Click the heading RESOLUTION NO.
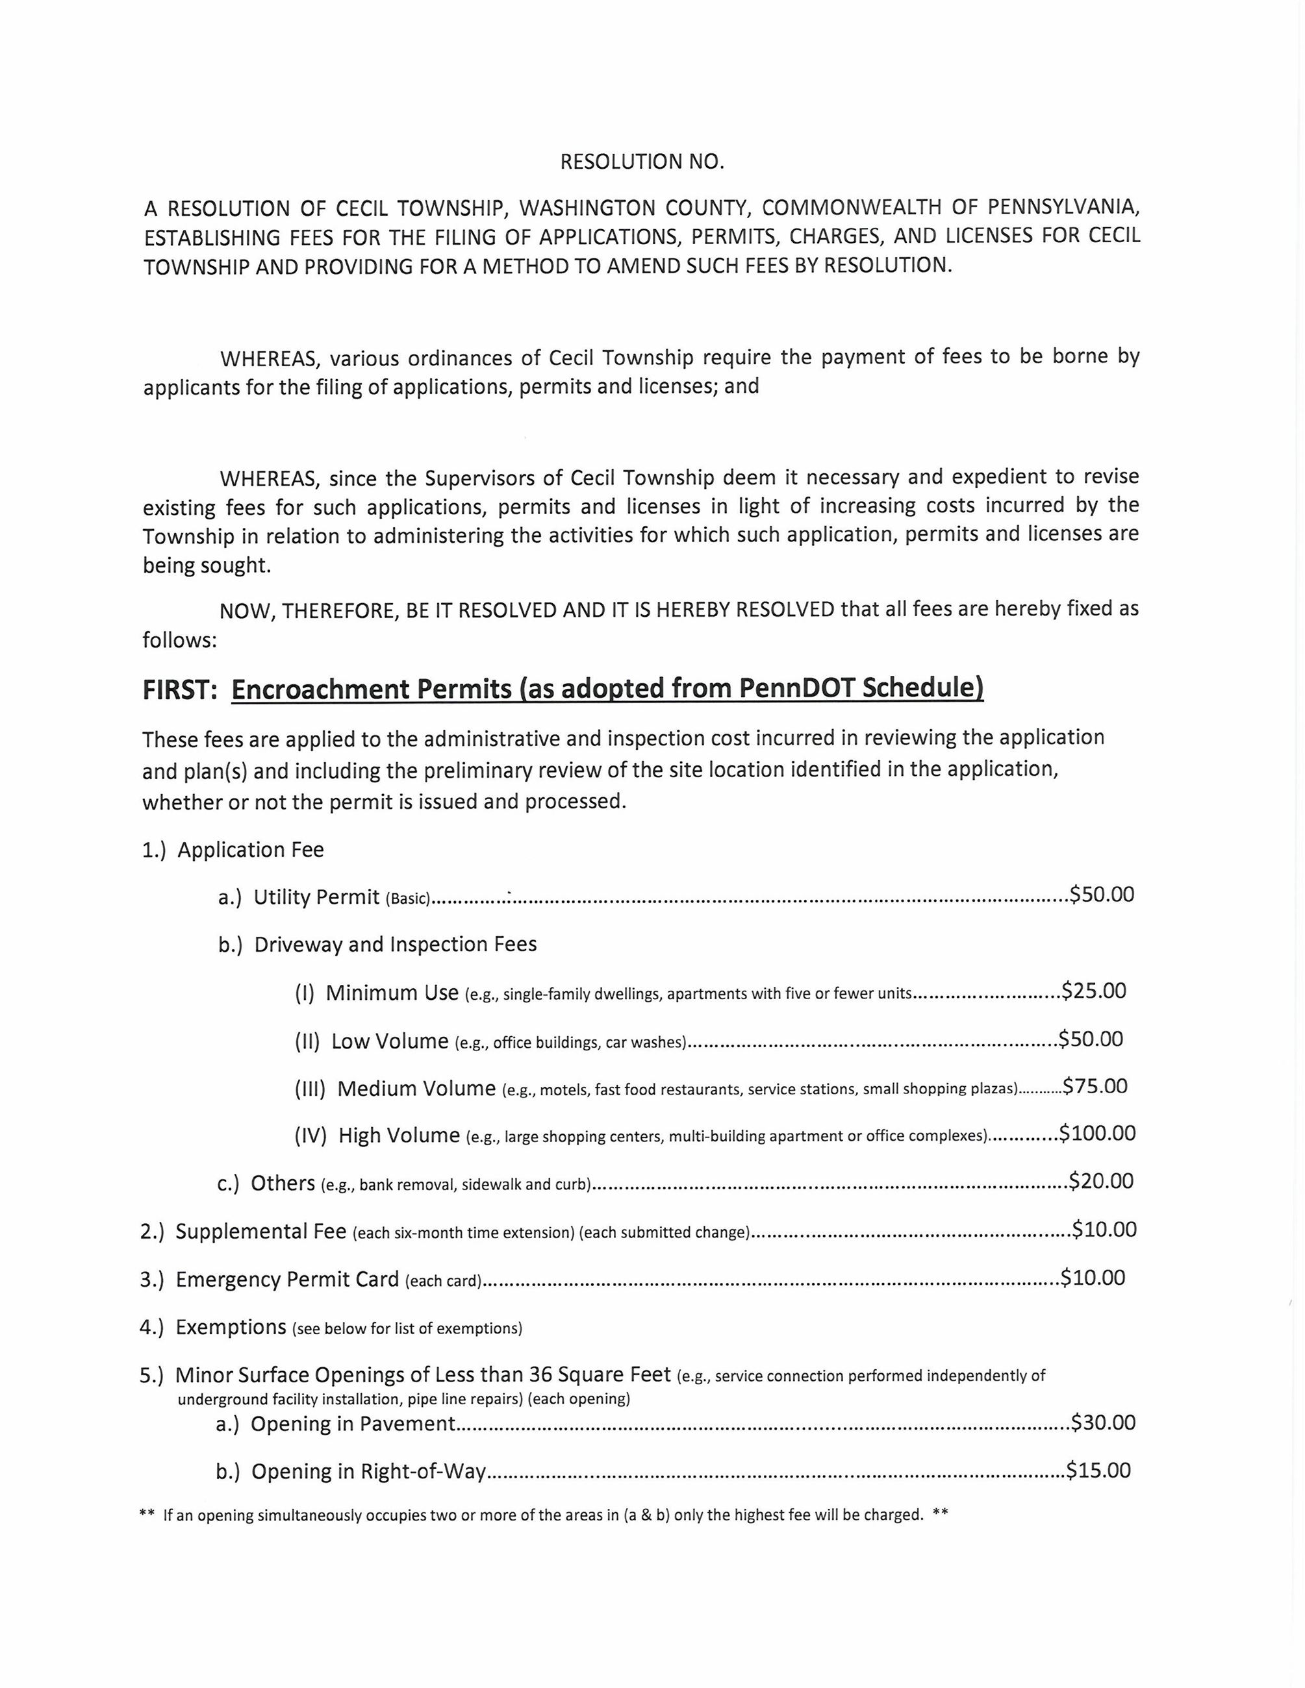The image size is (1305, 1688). coord(642,162)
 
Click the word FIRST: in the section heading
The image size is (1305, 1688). coord(179,689)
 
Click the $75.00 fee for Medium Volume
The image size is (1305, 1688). coord(1095,1086)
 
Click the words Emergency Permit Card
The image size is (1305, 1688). coord(288,1279)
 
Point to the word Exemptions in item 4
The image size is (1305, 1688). coord(231,1327)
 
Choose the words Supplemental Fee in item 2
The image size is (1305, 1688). coord(260,1231)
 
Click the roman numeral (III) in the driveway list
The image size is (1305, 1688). coord(310,1089)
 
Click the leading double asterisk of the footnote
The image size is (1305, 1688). coord(147,1515)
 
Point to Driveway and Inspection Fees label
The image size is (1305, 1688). coord(395,945)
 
